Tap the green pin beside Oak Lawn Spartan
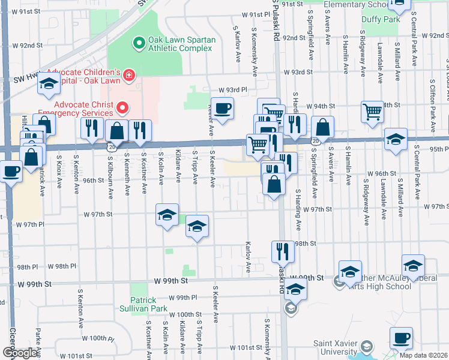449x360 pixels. pos(139,43)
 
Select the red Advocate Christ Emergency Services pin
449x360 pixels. pos(123,108)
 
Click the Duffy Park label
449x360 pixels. pos(381,19)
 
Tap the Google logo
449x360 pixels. pos(20,353)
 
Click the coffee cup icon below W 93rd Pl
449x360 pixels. pos(222,108)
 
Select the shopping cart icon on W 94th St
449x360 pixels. pos(372,111)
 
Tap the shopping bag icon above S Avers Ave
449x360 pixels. pos(323,127)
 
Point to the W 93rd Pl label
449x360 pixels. pos(233,89)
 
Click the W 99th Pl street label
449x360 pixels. pos(183,298)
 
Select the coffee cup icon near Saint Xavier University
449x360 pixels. pos(401,337)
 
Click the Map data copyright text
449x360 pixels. pos(423,355)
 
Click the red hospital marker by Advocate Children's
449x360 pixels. pos(128,76)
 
